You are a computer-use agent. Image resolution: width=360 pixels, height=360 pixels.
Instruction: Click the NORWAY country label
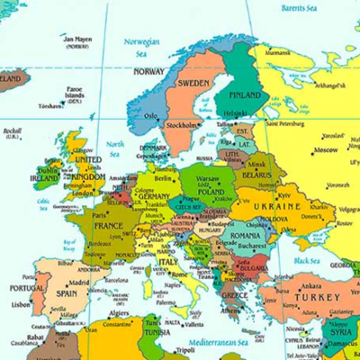[148, 72]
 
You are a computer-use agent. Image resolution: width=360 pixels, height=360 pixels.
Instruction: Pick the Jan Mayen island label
[76, 40]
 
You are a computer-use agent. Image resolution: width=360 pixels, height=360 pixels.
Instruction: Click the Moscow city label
[325, 149]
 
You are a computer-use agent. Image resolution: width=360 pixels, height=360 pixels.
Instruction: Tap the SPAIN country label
[67, 293]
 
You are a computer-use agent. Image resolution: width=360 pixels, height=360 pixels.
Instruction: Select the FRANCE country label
[107, 226]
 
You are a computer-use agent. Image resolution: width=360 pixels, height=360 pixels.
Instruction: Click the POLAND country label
[211, 192]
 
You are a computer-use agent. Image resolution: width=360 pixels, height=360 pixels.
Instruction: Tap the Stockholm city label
[184, 125]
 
